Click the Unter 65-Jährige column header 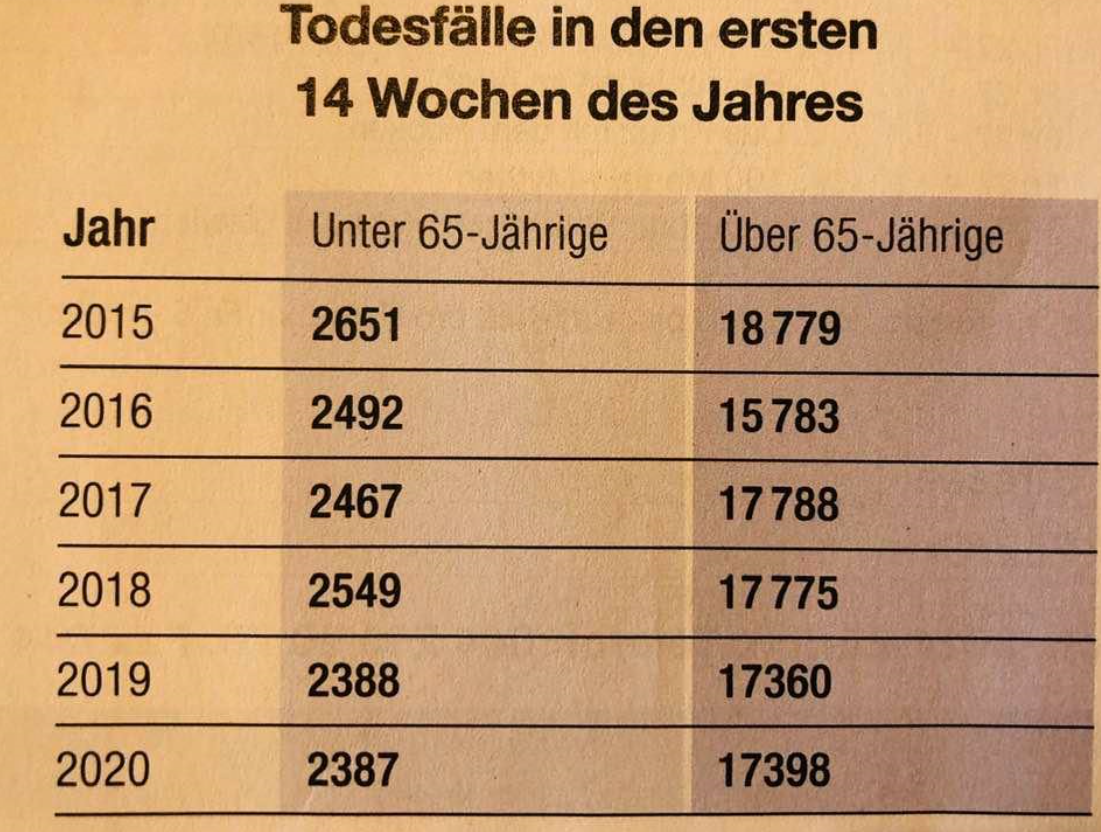(x=459, y=237)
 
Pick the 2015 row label (x=107, y=323)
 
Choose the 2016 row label (x=107, y=412)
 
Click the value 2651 (x=355, y=325)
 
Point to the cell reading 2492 (x=357, y=414)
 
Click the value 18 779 (x=780, y=328)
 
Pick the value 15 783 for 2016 (x=780, y=416)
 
